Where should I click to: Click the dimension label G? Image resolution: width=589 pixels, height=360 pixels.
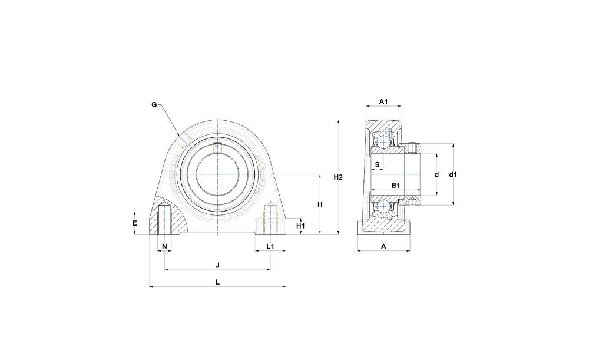[154, 104]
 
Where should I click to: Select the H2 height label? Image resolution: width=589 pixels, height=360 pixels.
[339, 177]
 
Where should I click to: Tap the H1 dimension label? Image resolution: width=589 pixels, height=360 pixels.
[300, 226]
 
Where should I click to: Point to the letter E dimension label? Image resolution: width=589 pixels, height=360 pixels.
[135, 223]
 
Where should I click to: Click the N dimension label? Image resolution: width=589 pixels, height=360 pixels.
[164, 246]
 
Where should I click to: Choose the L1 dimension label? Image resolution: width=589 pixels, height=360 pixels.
[270, 246]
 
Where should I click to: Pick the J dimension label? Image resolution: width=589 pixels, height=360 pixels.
[217, 265]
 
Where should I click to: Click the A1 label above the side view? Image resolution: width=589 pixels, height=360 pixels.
[383, 101]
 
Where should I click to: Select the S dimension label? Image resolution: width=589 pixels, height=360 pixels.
[378, 164]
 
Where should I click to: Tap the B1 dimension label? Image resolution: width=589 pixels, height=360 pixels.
[396, 185]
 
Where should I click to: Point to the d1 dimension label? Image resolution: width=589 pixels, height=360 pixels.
[453, 174]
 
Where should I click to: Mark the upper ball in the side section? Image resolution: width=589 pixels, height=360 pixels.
[383, 142]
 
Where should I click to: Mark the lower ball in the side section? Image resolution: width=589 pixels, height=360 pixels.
[383, 206]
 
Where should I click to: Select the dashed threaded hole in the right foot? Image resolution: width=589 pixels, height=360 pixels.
[270, 218]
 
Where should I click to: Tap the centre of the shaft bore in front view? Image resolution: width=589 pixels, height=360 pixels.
[217, 174]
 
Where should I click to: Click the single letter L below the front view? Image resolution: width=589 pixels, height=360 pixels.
[217, 282]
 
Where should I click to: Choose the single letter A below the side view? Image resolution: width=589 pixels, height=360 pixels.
[383, 246]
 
